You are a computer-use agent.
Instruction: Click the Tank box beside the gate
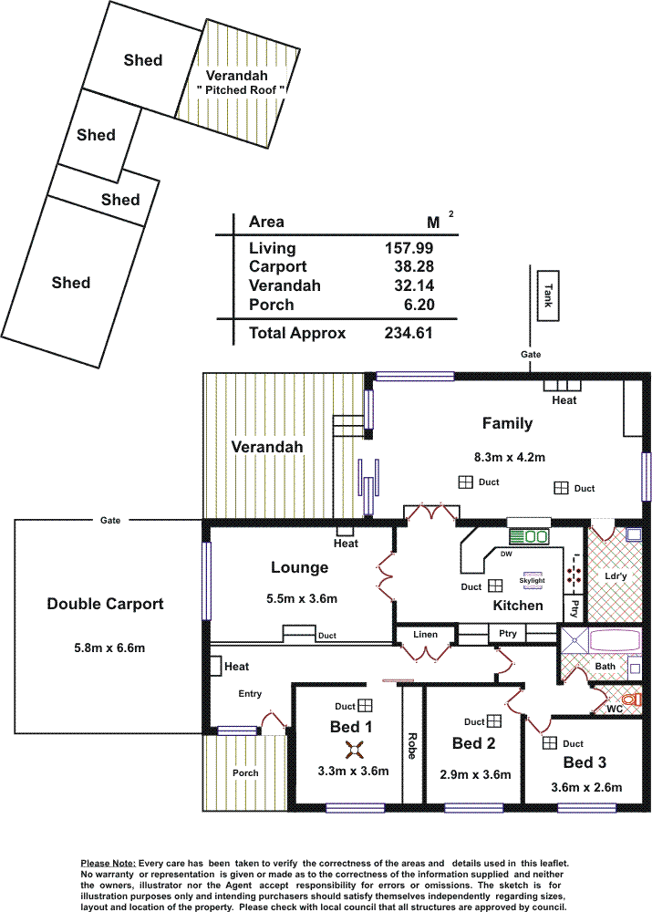click(x=548, y=296)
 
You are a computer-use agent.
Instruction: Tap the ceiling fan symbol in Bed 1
click(x=354, y=751)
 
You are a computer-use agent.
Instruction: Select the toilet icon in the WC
click(x=631, y=700)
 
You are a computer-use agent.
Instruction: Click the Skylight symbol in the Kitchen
click(x=533, y=580)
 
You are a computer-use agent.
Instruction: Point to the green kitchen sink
click(x=529, y=536)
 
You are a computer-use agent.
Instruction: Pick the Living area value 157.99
click(x=409, y=248)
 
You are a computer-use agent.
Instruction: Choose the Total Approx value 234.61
click(x=409, y=333)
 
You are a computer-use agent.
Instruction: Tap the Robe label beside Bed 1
click(x=412, y=746)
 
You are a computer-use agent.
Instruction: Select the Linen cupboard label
click(x=425, y=635)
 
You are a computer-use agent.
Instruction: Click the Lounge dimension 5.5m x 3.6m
click(x=302, y=598)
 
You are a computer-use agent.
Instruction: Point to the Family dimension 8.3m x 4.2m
click(x=510, y=457)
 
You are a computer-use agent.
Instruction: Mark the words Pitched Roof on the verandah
click(x=240, y=90)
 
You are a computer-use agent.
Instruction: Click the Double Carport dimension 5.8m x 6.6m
click(x=109, y=648)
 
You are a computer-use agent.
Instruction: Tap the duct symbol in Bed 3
click(x=550, y=742)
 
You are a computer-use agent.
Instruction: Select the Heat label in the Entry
click(x=237, y=667)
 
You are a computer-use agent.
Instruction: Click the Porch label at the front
click(x=245, y=773)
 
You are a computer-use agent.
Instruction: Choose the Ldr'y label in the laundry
click(x=616, y=575)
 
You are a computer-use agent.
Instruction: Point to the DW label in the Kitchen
click(x=506, y=554)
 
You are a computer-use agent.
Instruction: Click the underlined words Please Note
click(x=109, y=864)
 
